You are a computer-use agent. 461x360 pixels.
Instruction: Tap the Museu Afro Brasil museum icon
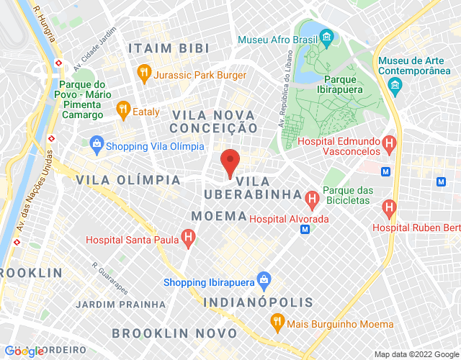(326, 36)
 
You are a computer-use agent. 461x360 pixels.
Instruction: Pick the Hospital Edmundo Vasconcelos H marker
(389, 144)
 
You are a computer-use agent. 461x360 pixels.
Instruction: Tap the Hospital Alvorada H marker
(312, 197)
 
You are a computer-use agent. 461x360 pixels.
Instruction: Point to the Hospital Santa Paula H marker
(188, 235)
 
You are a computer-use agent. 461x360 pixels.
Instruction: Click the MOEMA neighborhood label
(219, 215)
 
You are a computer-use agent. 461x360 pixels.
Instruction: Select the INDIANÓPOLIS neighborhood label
(258, 302)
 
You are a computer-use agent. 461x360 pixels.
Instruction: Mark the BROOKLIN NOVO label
(174, 333)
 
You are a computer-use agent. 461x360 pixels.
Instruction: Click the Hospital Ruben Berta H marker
(390, 209)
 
